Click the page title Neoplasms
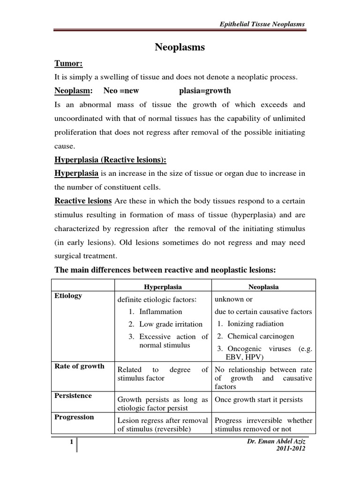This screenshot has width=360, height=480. pyautogui.click(x=180, y=47)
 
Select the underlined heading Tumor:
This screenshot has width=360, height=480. pyautogui.click(x=69, y=63)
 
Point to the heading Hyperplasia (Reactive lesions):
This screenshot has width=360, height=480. pyautogui.click(x=111, y=160)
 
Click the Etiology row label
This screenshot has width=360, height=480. pyautogui.click(x=68, y=296)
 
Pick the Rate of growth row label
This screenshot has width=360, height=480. pyautogui.click(x=79, y=366)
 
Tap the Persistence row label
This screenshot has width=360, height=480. pyautogui.click(x=73, y=396)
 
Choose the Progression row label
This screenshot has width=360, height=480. pyautogui.click(x=74, y=417)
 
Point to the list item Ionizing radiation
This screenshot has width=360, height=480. pyautogui.click(x=255, y=323)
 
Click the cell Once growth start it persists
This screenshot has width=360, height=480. pyautogui.click(x=259, y=399)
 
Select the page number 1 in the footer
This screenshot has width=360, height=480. pyautogui.click(x=71, y=442)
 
